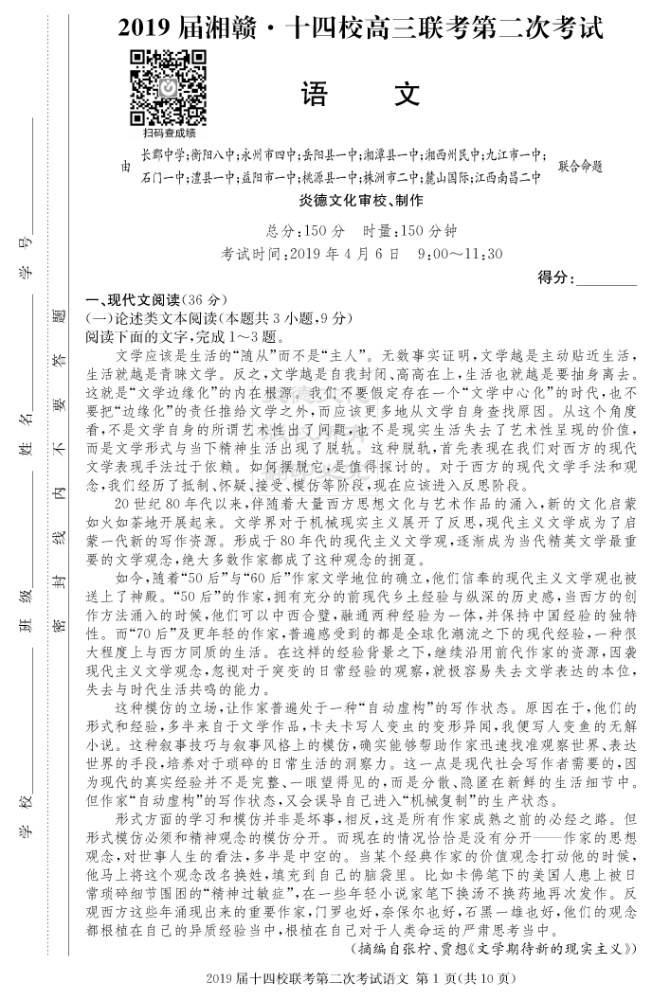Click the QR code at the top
click(169, 85)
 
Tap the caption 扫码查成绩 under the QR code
click(170, 134)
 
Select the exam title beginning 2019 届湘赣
click(360, 28)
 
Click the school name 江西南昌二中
click(508, 177)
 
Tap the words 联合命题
click(580, 166)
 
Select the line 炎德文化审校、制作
click(360, 201)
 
